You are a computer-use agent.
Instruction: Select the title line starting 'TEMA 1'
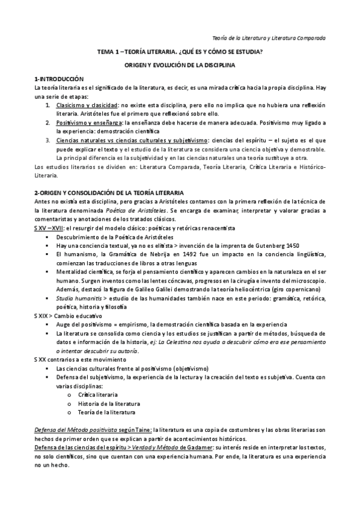[x=180, y=52]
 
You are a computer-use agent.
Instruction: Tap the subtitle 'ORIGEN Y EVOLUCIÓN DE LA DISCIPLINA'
[x=180, y=64]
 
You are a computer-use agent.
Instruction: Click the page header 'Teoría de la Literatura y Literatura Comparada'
[x=269, y=37]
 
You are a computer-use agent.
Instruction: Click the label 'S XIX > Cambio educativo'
[x=68, y=316]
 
